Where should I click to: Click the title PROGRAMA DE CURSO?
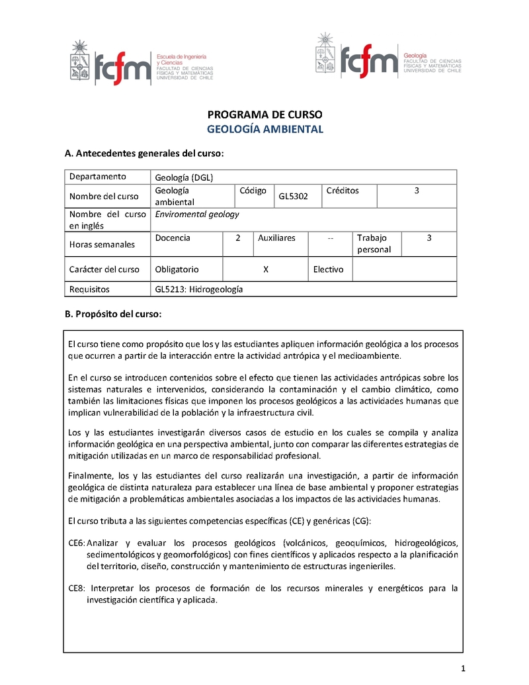point(265,114)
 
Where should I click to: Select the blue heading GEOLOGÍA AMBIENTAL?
point(265,129)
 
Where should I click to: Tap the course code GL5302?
point(294,197)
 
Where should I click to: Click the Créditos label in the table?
point(343,191)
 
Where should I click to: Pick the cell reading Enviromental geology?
point(196,214)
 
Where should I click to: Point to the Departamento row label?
point(97,177)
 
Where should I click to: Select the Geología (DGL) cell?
point(184,177)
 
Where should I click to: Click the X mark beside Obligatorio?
point(265,269)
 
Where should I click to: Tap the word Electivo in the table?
point(328,269)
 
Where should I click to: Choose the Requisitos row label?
point(89,289)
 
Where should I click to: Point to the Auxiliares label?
point(276,238)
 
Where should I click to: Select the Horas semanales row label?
point(102,244)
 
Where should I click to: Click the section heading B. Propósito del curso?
point(112,314)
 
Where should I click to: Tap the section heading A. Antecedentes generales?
point(144,154)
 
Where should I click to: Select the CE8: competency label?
point(77,588)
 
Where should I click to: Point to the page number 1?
point(464,666)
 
